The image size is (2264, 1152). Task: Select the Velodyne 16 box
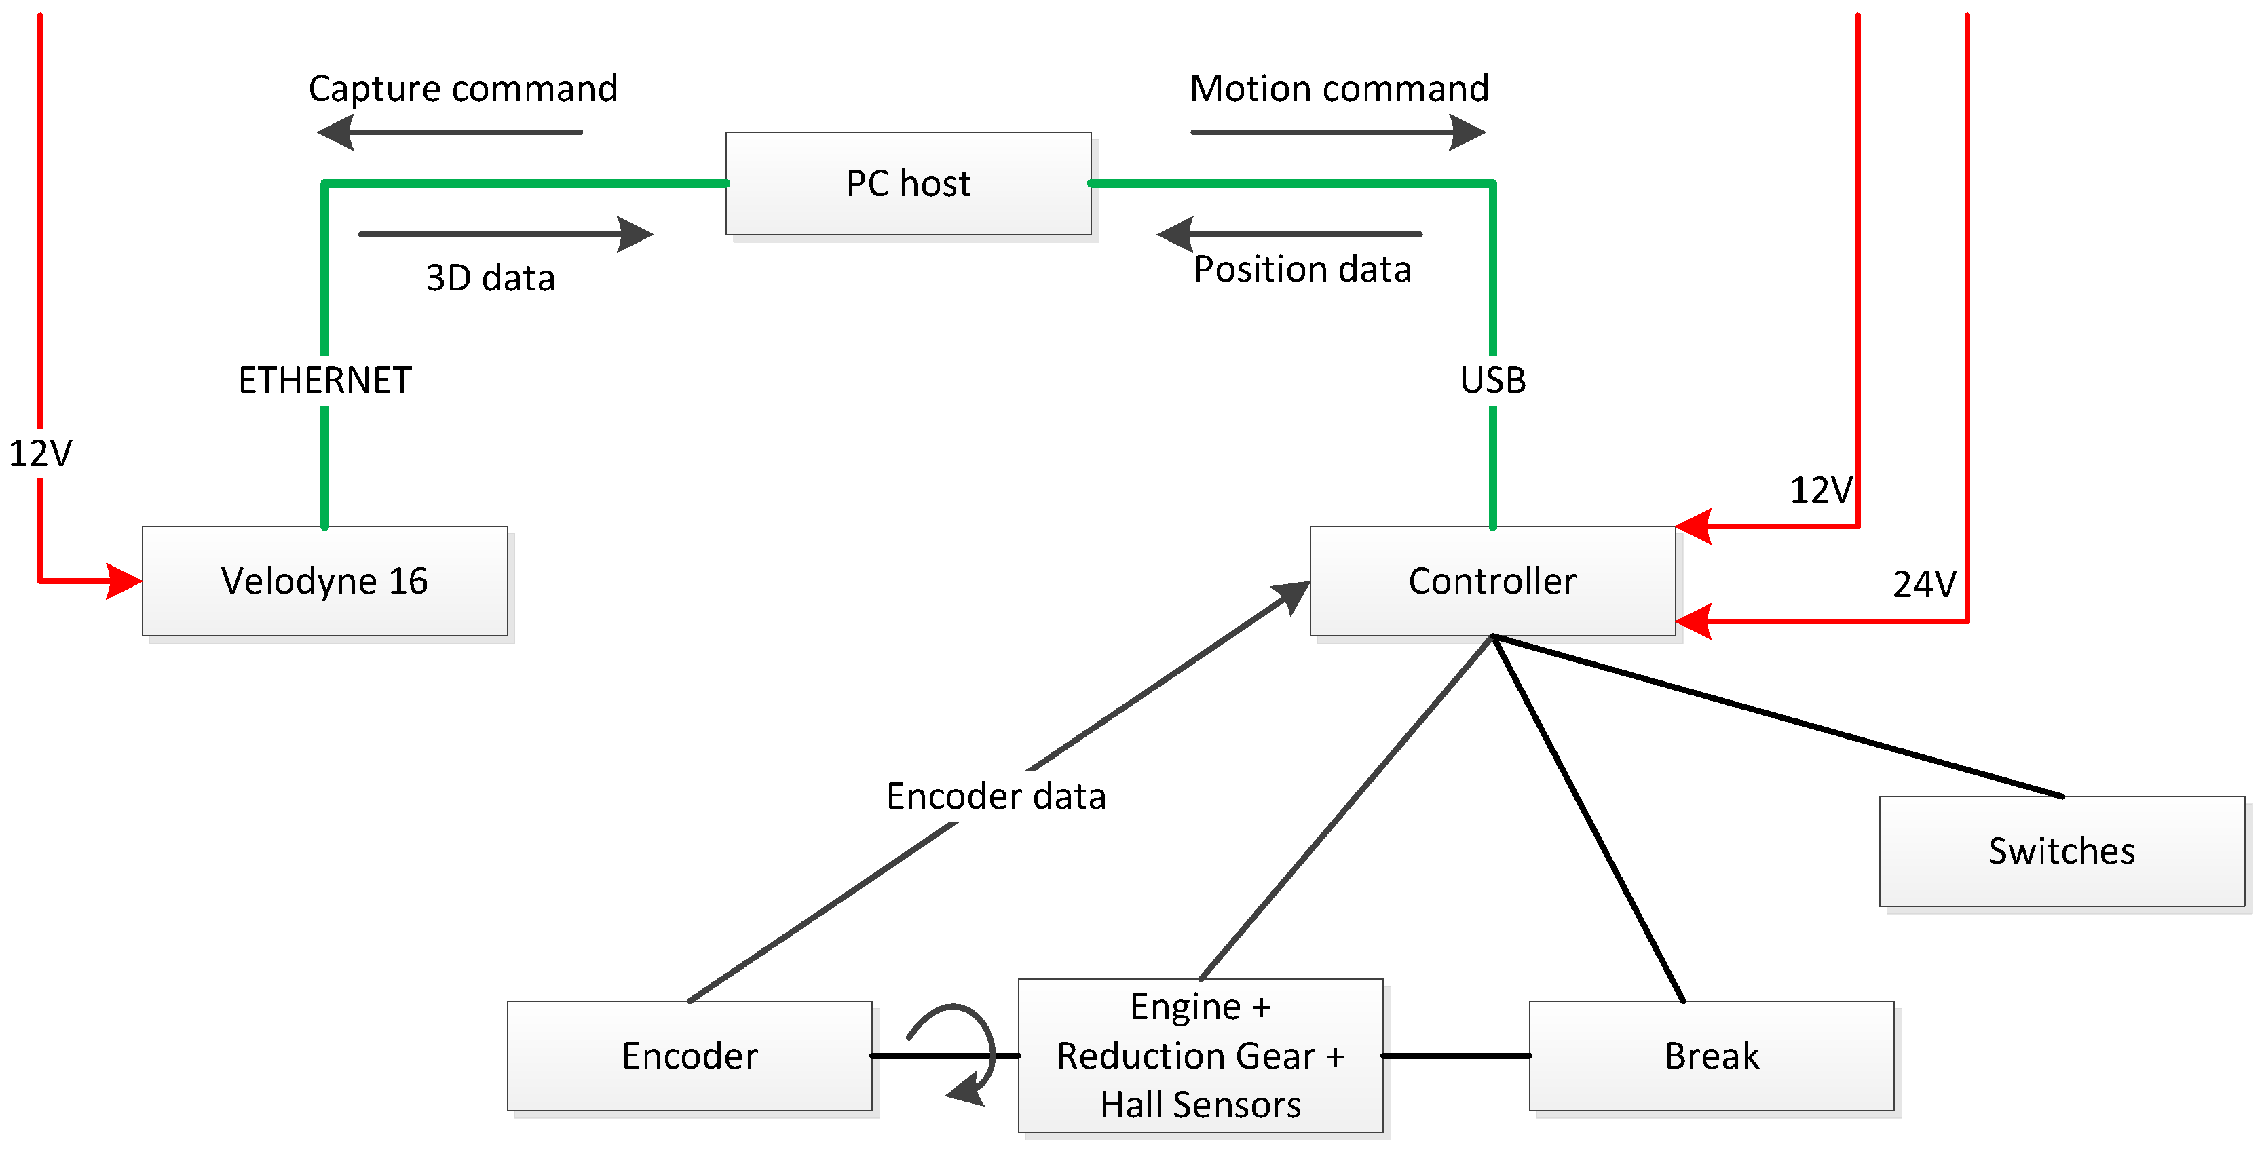[x=324, y=581]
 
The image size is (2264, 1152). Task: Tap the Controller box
[x=1492, y=581]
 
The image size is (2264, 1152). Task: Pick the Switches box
[x=2061, y=851]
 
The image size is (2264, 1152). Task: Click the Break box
[x=1710, y=1056]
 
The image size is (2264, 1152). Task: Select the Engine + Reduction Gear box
[x=1200, y=1056]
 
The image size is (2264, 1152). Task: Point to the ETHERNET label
[x=324, y=381]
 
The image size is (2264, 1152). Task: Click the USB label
[x=1492, y=381]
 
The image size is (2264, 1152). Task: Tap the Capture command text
[x=462, y=89]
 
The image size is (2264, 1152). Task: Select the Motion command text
[x=1338, y=89]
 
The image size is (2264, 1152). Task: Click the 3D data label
[x=491, y=277]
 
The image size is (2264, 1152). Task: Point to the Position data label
[x=1302, y=269]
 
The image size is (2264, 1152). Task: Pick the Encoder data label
[x=995, y=796]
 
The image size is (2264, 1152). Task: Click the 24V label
[x=1924, y=584]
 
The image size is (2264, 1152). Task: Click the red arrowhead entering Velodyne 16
[x=123, y=581]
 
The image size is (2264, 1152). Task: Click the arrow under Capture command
[x=448, y=133]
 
